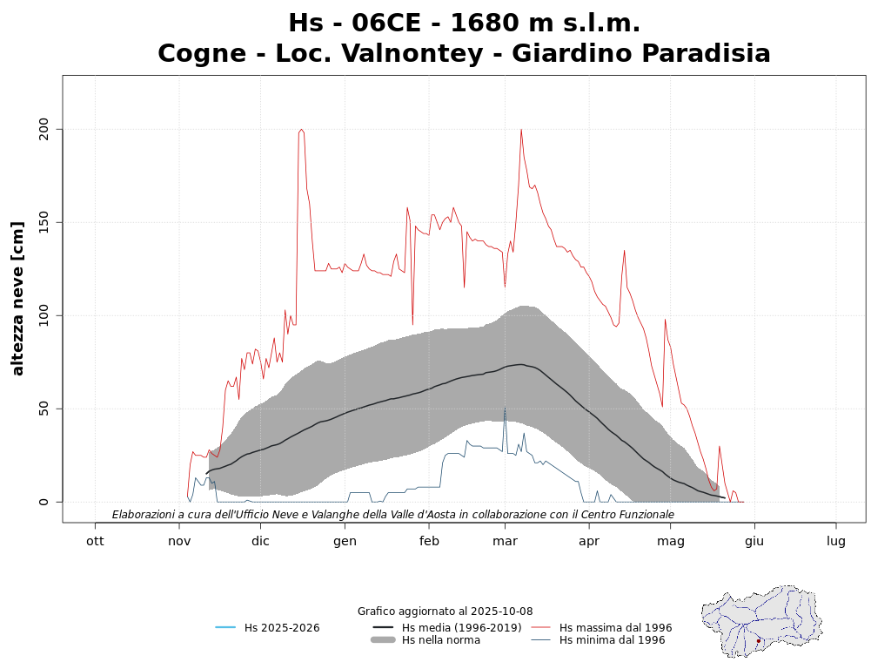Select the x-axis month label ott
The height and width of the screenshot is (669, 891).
tap(95, 541)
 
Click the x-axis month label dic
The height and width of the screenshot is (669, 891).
tap(260, 541)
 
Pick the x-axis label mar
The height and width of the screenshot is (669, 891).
tap(505, 541)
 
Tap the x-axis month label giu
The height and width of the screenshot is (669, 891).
tap(754, 541)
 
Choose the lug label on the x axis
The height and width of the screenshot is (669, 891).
tap(836, 541)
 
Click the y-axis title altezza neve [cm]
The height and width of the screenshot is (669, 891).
tap(18, 298)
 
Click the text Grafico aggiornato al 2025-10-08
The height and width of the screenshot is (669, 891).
tap(445, 612)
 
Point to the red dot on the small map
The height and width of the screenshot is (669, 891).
tap(759, 641)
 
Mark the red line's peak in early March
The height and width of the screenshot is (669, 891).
tap(521, 130)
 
